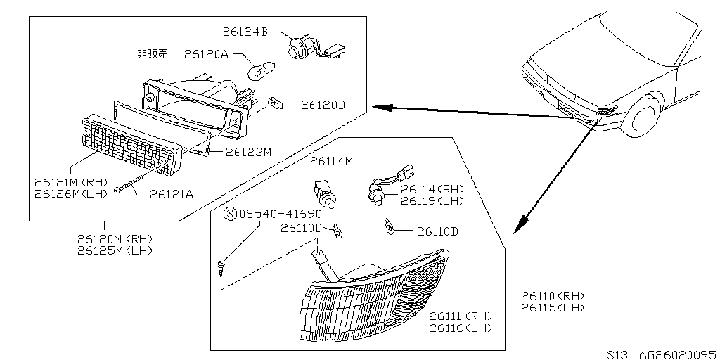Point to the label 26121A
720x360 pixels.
[x=171, y=194]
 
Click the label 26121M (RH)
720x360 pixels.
[x=68, y=181]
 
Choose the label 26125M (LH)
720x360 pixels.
[x=115, y=250]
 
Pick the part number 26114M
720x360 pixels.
[x=331, y=162]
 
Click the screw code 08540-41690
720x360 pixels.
[x=281, y=214]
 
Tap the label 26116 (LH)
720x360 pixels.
[x=460, y=328]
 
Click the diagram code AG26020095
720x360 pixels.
[x=671, y=353]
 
